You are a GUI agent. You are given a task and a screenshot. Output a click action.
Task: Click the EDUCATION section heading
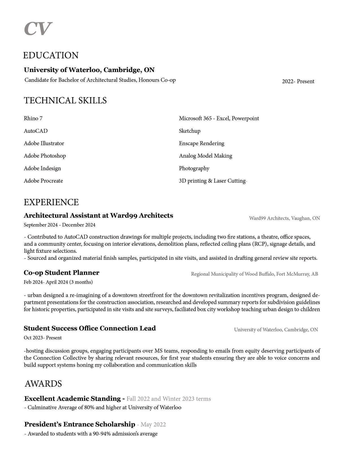pyautogui.click(x=51, y=55)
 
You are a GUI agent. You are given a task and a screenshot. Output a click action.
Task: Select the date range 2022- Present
pyautogui.click(x=298, y=82)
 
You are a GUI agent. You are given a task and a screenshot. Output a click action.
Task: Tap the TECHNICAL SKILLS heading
pyautogui.click(x=65, y=101)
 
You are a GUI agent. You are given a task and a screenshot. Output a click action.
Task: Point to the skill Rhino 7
pyautogui.click(x=33, y=118)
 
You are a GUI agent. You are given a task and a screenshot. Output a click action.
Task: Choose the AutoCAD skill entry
pyautogui.click(x=36, y=131)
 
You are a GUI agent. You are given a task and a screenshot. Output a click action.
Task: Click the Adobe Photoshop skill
pyautogui.click(x=45, y=156)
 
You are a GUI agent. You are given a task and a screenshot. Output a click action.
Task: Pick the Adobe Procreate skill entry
pyautogui.click(x=43, y=181)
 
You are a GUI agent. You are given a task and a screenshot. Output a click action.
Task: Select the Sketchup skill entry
pyautogui.click(x=189, y=131)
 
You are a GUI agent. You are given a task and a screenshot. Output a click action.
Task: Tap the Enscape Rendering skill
pyautogui.click(x=201, y=143)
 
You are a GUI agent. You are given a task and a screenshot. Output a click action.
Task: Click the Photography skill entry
pyautogui.click(x=194, y=169)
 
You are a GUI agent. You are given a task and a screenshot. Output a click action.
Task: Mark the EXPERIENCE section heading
pyautogui.click(x=51, y=202)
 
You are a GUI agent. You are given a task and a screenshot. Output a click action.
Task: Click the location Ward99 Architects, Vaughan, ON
pyautogui.click(x=284, y=218)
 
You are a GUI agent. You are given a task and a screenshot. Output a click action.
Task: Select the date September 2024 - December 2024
pyautogui.click(x=59, y=225)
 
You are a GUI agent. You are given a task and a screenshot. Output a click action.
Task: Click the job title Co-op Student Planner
pyautogui.click(x=61, y=273)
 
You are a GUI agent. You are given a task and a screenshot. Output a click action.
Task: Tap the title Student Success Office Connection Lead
pyautogui.click(x=90, y=328)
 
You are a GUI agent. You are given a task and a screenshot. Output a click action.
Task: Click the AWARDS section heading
pyautogui.click(x=43, y=384)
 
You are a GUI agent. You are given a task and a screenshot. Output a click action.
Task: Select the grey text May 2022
pyautogui.click(x=153, y=425)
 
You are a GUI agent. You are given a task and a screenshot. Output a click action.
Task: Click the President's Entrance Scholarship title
pyautogui.click(x=80, y=424)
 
